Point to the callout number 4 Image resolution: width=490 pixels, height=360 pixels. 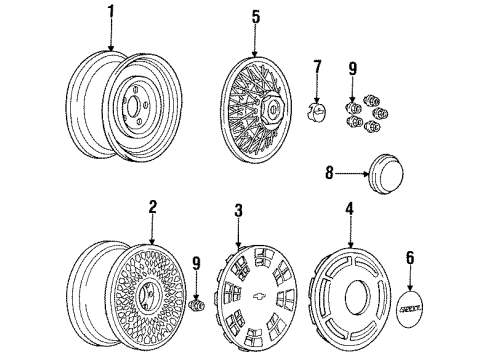[350, 209]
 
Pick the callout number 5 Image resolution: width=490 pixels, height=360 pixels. [255, 16]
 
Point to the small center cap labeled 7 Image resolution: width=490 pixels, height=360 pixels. [316, 110]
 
